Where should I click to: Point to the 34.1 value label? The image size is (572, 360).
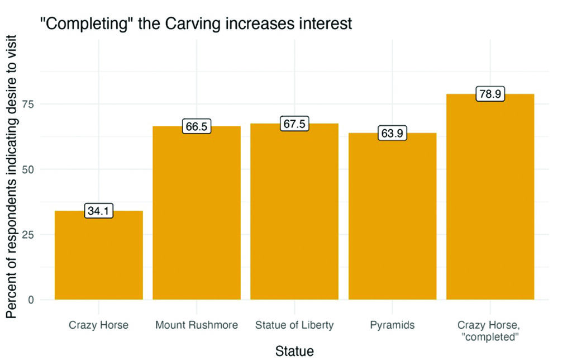point(98,211)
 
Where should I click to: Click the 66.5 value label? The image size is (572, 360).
point(197,127)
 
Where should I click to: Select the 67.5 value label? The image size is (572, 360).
point(294,124)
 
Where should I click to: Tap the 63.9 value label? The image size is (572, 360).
point(392,134)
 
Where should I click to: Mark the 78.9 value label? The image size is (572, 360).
point(490,94)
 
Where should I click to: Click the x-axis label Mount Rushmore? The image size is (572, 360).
point(197,325)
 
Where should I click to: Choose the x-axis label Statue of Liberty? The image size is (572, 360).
point(294,325)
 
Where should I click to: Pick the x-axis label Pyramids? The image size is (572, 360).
point(392,325)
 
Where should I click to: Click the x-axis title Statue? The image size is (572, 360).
point(294,351)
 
